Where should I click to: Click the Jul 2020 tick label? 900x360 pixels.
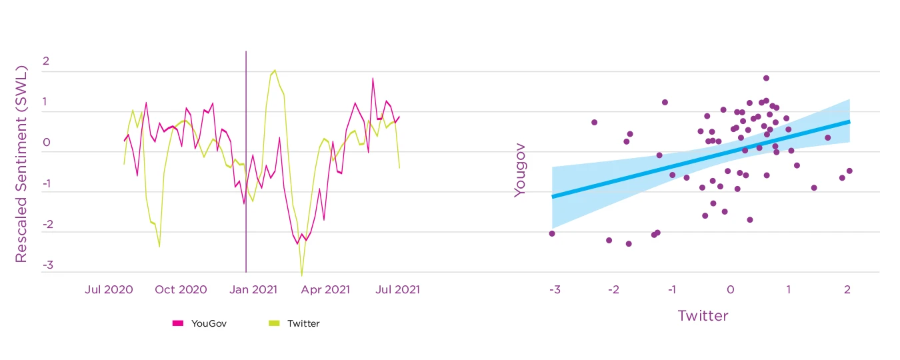click(x=109, y=290)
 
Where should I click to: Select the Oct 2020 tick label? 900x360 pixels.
click(x=182, y=290)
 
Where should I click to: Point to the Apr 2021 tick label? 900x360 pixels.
click(x=326, y=290)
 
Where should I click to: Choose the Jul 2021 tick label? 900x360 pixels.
click(x=397, y=290)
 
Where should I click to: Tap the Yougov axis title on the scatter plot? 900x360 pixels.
click(x=519, y=176)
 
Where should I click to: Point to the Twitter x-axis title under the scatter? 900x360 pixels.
click(x=703, y=316)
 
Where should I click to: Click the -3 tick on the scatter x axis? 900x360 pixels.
click(x=554, y=290)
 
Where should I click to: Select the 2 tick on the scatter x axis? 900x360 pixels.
click(x=847, y=290)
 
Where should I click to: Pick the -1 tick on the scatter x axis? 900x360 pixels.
click(x=671, y=290)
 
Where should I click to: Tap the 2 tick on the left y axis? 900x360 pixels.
click(x=46, y=61)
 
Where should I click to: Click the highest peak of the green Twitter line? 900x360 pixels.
click(x=275, y=70)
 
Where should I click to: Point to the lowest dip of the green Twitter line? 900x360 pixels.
click(x=301, y=275)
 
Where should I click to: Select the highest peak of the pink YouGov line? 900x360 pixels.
click(x=373, y=79)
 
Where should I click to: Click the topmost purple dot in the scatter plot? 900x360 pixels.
click(x=766, y=78)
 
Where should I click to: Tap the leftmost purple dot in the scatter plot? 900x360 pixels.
click(x=552, y=233)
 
